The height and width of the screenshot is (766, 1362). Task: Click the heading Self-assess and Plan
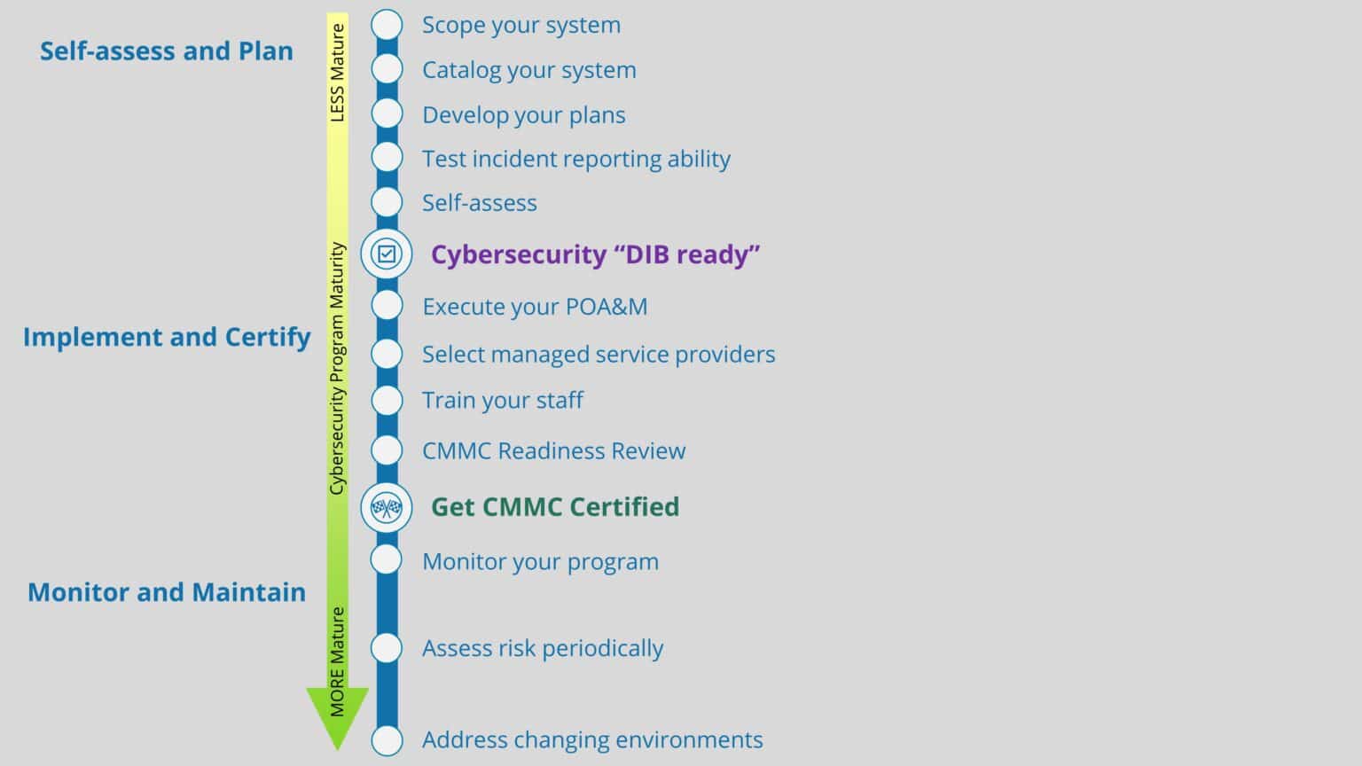pos(167,51)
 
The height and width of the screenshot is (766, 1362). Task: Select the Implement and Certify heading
pos(167,337)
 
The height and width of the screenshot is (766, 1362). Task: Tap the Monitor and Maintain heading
pos(167,592)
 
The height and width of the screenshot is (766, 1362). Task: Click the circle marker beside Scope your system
pos(387,25)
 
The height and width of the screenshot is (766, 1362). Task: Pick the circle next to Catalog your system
pos(387,69)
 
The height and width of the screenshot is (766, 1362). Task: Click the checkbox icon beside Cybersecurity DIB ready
pos(387,254)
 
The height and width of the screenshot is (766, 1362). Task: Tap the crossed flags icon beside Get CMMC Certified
pos(387,507)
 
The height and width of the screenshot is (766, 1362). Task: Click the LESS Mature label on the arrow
pos(337,74)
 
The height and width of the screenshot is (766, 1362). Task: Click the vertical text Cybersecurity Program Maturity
pos(337,368)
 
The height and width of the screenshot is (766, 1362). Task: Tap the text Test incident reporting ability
pos(576,159)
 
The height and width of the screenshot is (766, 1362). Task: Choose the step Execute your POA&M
pos(535,307)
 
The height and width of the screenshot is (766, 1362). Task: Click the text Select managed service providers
pos(599,355)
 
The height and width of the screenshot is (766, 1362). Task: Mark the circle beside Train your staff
pos(387,400)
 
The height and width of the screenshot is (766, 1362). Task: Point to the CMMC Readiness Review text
pos(553,450)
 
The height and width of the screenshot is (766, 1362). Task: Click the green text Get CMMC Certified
pos(555,507)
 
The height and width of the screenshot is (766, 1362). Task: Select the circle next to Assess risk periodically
pos(387,648)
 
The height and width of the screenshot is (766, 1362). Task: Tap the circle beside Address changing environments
pos(387,739)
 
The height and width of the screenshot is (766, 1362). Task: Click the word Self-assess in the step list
pos(480,203)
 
